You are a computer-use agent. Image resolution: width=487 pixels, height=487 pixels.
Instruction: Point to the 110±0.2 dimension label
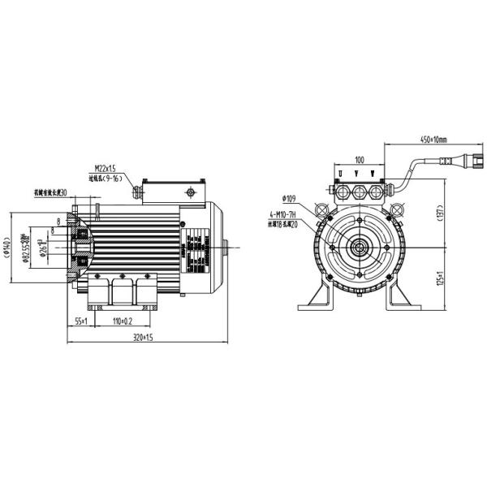(x=123, y=321)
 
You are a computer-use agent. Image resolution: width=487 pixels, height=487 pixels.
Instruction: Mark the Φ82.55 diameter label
(x=24, y=243)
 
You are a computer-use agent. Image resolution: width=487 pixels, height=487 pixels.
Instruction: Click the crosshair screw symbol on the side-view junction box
(x=190, y=192)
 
